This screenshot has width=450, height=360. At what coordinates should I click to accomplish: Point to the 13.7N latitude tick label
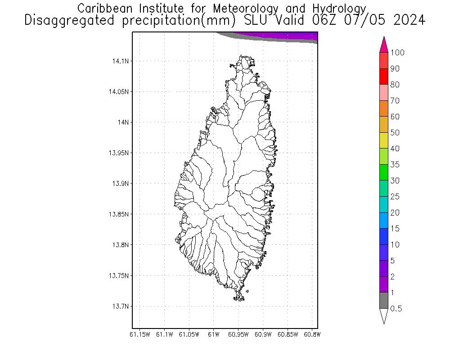[118, 306]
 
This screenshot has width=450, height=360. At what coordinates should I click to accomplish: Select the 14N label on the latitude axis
[122, 122]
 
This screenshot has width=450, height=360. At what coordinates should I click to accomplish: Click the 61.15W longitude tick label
[139, 334]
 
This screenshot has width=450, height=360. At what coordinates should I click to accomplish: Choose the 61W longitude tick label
[214, 334]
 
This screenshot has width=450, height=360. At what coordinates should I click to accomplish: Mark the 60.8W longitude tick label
[312, 334]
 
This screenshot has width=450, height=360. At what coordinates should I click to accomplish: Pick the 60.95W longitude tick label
[238, 334]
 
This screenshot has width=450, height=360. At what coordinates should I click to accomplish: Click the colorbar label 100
[397, 53]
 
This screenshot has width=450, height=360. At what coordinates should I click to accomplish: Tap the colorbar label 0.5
[396, 309]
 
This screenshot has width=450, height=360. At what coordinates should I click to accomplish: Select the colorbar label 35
[395, 165]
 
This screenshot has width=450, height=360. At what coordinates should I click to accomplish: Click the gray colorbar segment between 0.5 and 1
[384, 301]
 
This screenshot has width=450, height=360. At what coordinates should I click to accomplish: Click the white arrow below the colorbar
[384, 316]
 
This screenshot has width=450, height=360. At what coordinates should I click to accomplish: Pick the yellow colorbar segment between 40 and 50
[384, 140]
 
